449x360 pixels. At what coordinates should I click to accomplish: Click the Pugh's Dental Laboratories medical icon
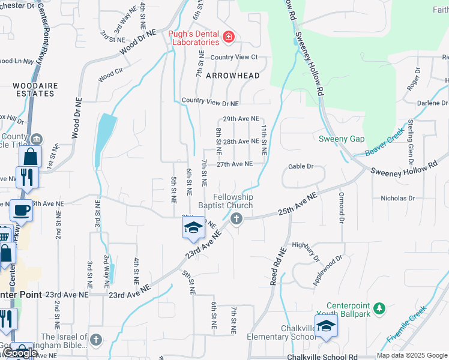pyautogui.click(x=228, y=38)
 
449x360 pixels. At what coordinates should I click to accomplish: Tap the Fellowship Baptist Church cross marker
pyautogui.click(x=237, y=218)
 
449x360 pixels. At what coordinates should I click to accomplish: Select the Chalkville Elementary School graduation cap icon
pyautogui.click(x=326, y=326)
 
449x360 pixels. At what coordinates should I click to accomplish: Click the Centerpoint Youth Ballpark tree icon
pyautogui.click(x=379, y=308)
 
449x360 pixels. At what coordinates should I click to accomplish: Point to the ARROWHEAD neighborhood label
pyautogui.click(x=233, y=76)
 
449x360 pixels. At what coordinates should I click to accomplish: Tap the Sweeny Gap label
pyautogui.click(x=342, y=139)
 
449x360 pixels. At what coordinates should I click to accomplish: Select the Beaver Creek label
pyautogui.click(x=385, y=142)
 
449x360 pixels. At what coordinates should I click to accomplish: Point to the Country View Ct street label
pyautogui.click(x=234, y=57)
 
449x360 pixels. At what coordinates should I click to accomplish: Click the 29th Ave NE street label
pyautogui.click(x=241, y=119)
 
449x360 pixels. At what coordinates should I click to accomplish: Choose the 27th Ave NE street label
pyautogui.click(x=234, y=164)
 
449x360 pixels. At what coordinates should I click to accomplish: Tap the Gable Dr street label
pyautogui.click(x=301, y=166)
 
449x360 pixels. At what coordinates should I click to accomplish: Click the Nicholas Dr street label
pyautogui.click(x=397, y=198)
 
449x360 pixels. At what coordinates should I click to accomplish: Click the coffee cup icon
pyautogui.click(x=21, y=211)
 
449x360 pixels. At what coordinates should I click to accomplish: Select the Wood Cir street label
pyautogui.click(x=110, y=75)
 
